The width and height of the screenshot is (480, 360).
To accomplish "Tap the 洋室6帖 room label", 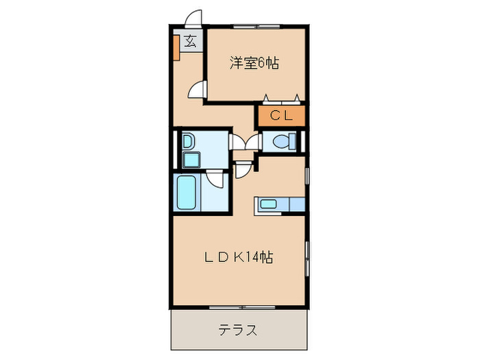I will click(253, 63).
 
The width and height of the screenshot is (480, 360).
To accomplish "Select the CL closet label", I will click(280, 115).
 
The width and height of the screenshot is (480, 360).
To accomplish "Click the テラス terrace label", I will click(238, 331).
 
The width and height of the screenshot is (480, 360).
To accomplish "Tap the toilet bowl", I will click(280, 142).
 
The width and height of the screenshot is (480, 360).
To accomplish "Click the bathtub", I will click(187, 194).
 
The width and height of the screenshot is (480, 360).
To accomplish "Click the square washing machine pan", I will click(189, 161).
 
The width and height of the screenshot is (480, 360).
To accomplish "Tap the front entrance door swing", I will click(194, 19).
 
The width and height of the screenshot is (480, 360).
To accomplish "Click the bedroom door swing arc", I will click(197, 89).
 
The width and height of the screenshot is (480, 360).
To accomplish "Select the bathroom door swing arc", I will click(217, 180).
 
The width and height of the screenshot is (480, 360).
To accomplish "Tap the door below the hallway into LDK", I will click(243, 169).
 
